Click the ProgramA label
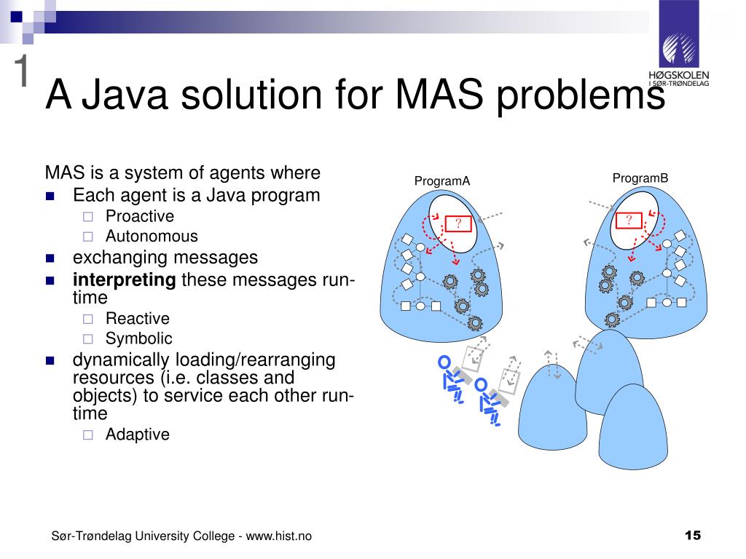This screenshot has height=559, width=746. (x=442, y=181)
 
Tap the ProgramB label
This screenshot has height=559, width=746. (x=640, y=178)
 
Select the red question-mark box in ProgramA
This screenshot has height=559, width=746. (x=458, y=223)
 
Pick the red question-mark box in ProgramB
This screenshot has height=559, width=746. (x=629, y=221)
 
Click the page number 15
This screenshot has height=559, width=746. (x=693, y=536)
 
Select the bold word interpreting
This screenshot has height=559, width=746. (x=124, y=280)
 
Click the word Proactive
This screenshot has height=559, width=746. (x=140, y=216)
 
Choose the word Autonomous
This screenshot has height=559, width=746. (x=152, y=236)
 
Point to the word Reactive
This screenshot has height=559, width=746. (x=137, y=318)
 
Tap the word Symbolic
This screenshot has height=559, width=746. (x=138, y=338)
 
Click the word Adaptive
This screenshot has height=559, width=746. (x=137, y=435)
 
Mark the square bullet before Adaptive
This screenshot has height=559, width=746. (x=88, y=435)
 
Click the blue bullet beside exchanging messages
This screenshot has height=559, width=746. (x=50, y=258)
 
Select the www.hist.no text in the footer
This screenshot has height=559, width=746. (x=279, y=536)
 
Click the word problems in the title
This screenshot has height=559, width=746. (x=581, y=95)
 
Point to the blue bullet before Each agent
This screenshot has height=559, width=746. (x=50, y=197)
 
